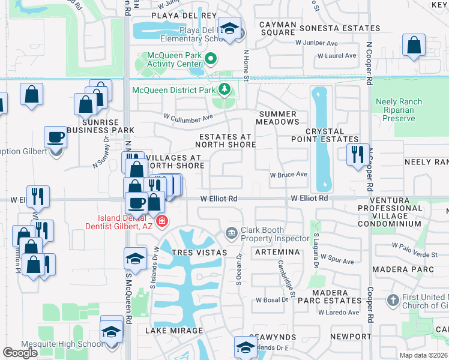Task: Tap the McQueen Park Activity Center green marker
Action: [x=210, y=59]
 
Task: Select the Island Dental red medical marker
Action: [x=161, y=222]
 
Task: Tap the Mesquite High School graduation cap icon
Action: [x=112, y=331]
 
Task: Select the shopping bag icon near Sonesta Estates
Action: [x=414, y=45]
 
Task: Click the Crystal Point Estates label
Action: [x=324, y=135]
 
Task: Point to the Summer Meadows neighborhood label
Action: [x=277, y=118]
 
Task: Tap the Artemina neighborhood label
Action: [x=277, y=253]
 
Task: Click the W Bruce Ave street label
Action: [x=288, y=175]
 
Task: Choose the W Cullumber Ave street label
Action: [x=188, y=118]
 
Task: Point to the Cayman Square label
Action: [x=277, y=28]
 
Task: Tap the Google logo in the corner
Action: [x=20, y=353]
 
